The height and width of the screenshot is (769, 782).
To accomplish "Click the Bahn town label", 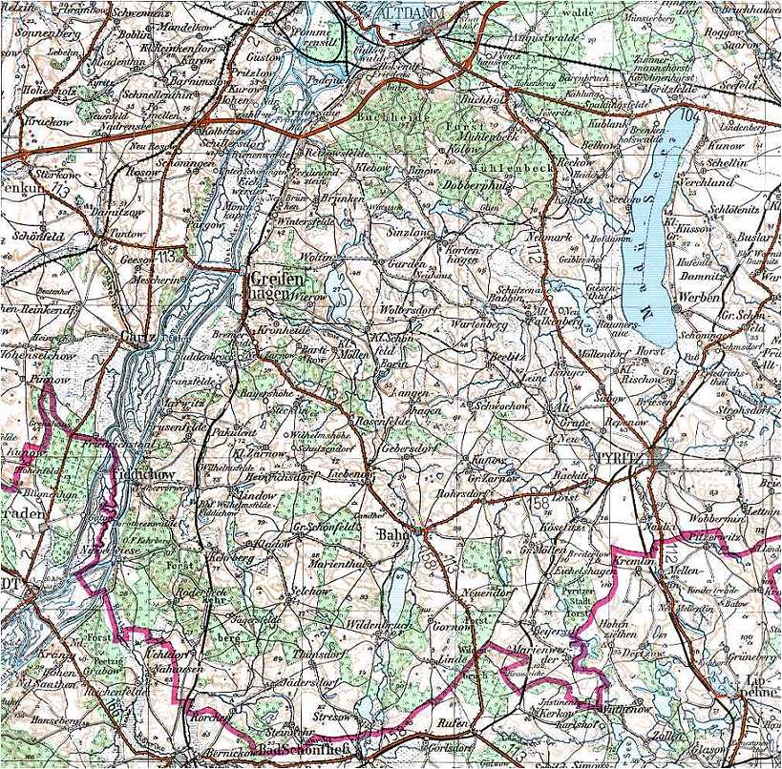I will tap(395, 533).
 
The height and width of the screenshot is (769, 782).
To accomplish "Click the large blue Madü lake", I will tap(654, 229).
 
